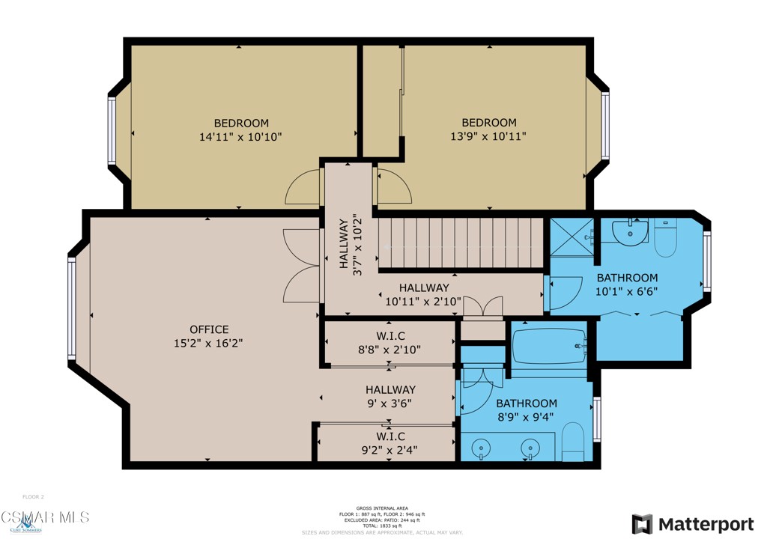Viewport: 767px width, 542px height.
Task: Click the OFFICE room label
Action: [209, 329]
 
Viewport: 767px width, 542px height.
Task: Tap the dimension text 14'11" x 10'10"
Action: [240, 137]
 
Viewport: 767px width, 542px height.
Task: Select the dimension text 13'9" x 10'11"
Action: [488, 137]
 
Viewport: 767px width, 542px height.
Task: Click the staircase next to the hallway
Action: [461, 243]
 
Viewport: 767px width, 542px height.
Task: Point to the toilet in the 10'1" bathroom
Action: [665, 238]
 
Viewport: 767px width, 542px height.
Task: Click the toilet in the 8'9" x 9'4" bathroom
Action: [573, 443]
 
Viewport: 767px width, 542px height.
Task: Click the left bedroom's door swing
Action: [304, 187]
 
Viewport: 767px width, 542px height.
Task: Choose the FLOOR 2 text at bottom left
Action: [34, 497]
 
